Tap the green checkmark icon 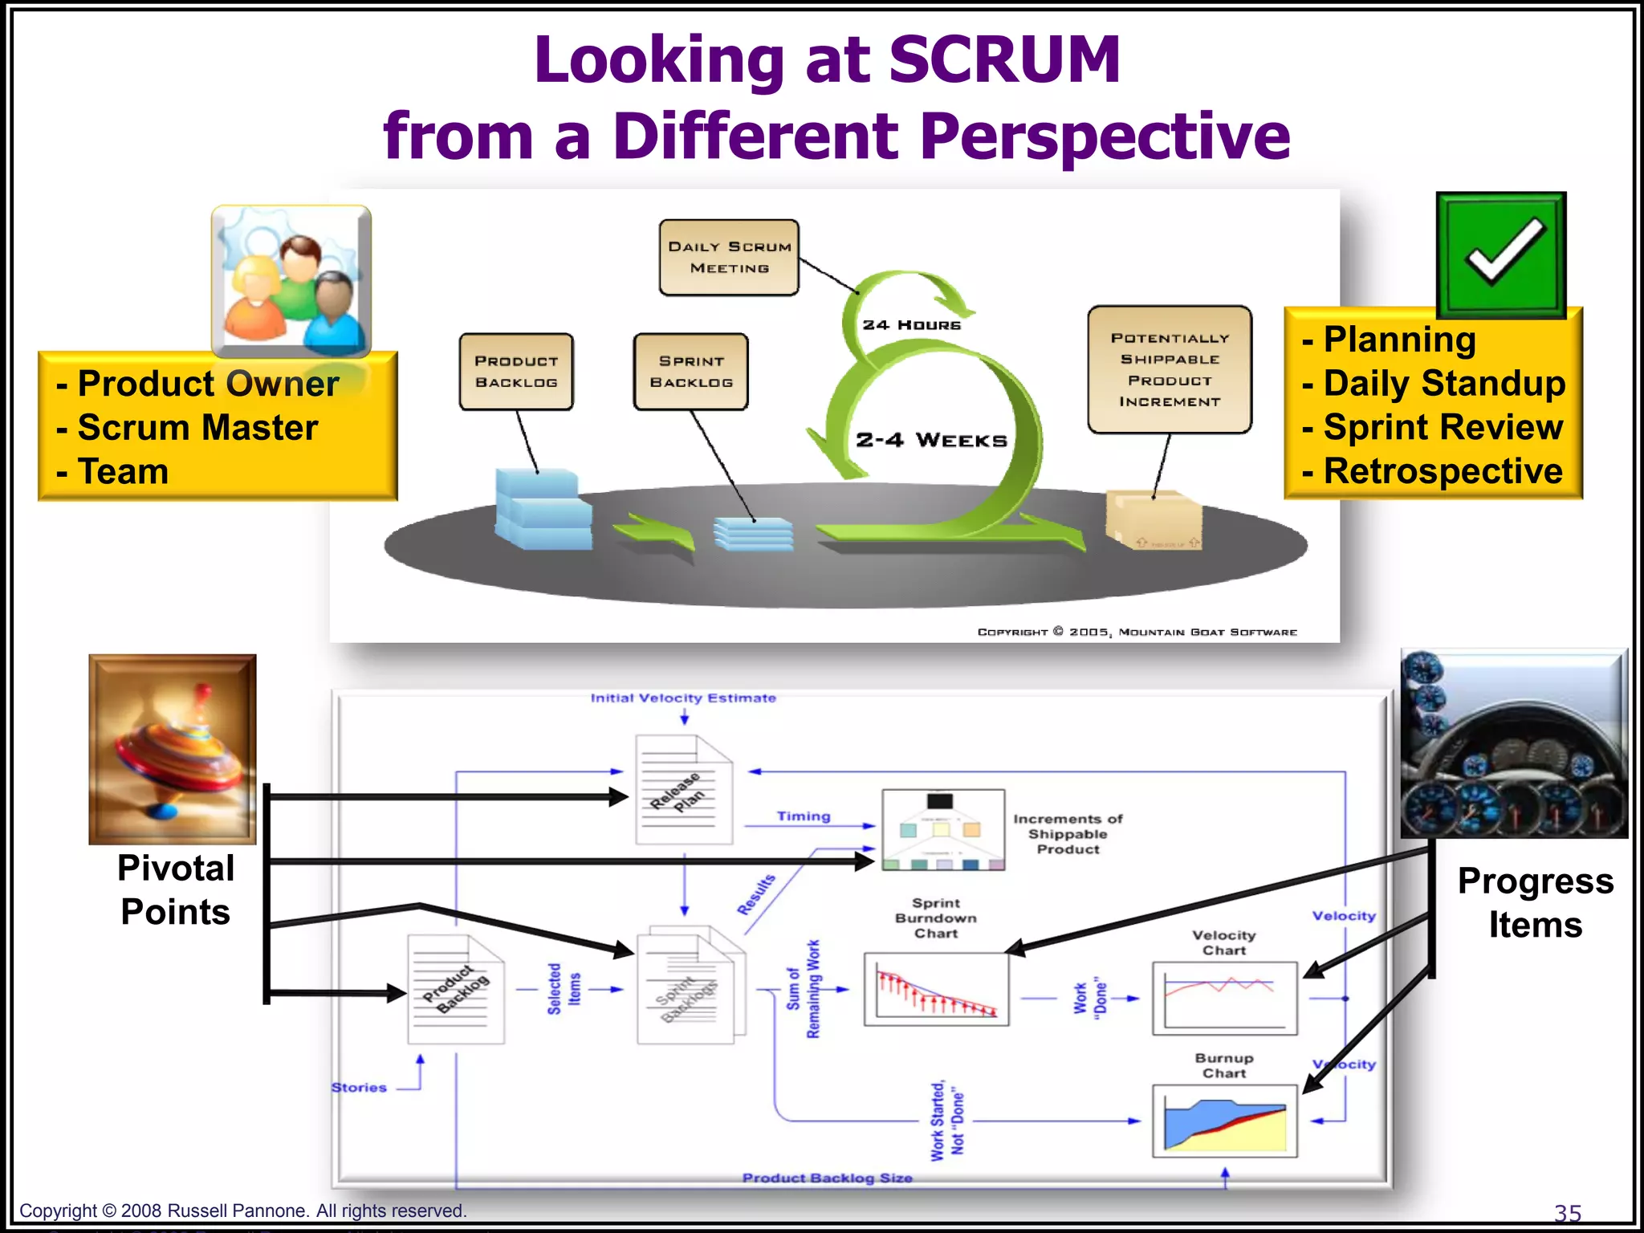[1501, 254]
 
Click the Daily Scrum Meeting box [729, 258]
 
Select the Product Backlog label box [516, 372]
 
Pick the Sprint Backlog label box [691, 372]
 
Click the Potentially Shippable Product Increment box [1170, 370]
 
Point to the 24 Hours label [911, 325]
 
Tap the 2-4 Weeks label [931, 440]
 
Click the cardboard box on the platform [1154, 520]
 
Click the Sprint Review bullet [1433, 427]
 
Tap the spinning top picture [173, 749]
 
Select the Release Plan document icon [684, 790]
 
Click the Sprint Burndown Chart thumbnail [936, 989]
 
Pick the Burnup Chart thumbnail [1225, 1121]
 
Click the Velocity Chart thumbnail [1225, 998]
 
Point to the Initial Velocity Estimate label [683, 698]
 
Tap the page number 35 [1567, 1213]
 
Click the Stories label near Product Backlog [359, 1088]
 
